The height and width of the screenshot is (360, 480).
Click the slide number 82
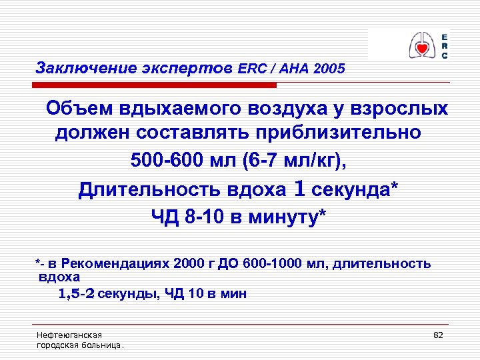click(x=438, y=335)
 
